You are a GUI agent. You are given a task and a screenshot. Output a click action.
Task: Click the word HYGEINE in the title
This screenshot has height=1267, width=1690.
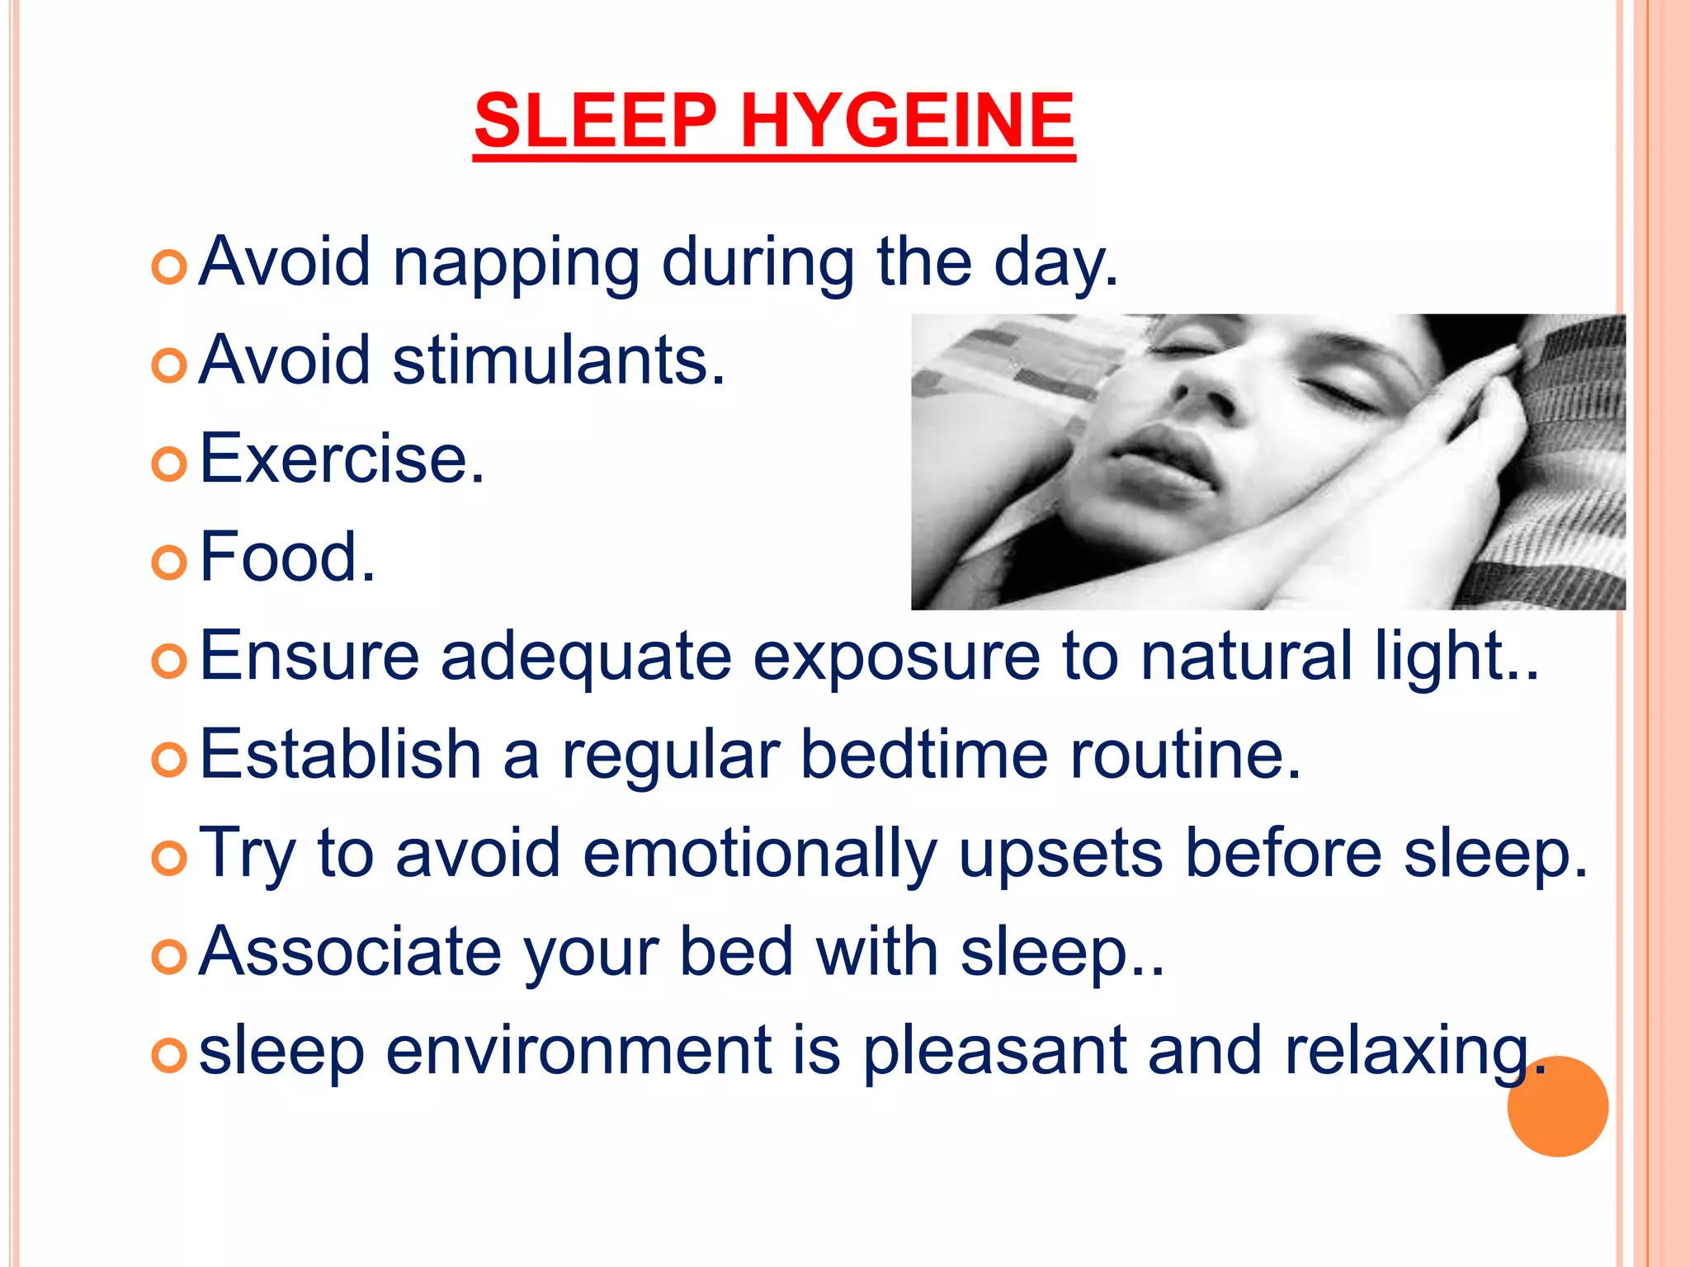[x=907, y=121]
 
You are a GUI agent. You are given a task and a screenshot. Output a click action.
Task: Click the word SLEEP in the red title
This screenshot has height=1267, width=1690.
[x=595, y=121]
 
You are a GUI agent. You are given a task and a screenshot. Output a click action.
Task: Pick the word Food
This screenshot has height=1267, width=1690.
[x=287, y=558]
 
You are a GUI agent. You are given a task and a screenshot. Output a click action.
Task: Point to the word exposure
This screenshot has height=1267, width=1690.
[x=896, y=658]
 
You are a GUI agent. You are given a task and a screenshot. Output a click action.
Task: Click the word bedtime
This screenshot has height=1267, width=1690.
[x=924, y=755]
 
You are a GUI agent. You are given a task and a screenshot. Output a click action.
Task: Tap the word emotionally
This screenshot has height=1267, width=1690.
[x=759, y=855]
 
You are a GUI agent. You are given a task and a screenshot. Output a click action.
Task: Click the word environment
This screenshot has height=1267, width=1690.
[x=578, y=1051]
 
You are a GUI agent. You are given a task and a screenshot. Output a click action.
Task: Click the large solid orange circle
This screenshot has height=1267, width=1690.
[x=1557, y=1106]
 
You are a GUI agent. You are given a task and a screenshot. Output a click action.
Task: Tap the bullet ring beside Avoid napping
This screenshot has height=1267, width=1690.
[x=170, y=268]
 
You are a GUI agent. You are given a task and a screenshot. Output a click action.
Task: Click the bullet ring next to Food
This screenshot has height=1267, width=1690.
[x=170, y=563]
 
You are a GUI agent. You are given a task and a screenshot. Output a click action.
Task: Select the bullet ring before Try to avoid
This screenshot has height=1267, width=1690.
[x=170, y=859]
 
